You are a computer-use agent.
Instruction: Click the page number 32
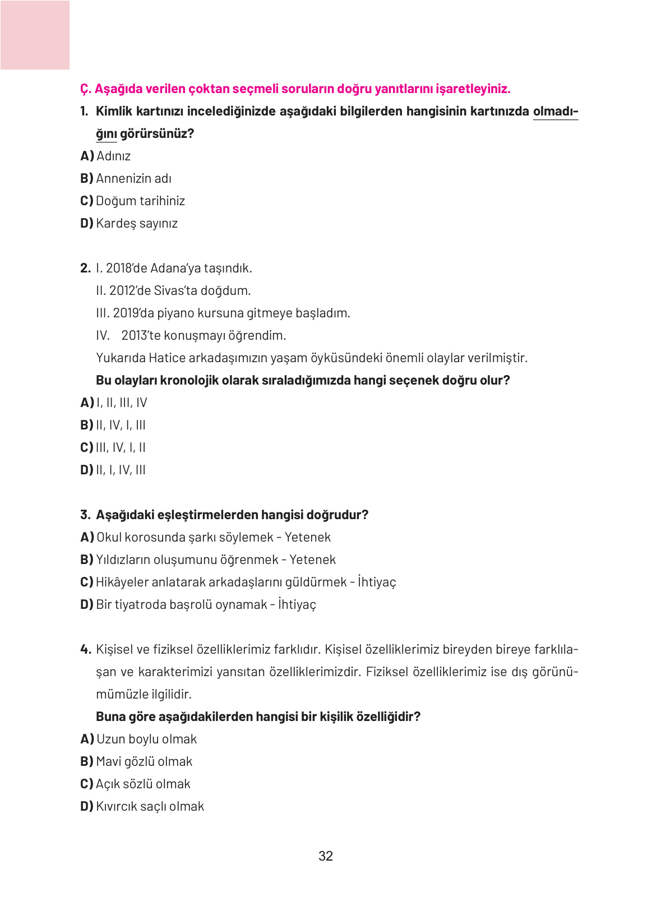[x=325, y=856]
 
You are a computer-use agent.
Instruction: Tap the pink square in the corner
[x=35, y=35]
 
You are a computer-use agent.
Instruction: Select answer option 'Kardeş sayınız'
[x=136, y=223]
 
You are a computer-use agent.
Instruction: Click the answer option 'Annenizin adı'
[x=133, y=178]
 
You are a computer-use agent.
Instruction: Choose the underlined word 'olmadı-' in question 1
[x=555, y=111]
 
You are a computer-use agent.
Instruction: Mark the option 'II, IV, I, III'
[x=121, y=425]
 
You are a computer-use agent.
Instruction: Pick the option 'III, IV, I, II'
[x=121, y=447]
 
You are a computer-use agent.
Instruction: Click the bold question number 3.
[x=85, y=515]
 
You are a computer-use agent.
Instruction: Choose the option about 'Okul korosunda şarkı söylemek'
[x=213, y=537]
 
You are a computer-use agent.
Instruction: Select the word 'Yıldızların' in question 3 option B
[x=123, y=560]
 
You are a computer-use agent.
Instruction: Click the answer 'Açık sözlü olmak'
[x=143, y=784]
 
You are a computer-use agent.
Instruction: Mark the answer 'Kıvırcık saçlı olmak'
[x=150, y=806]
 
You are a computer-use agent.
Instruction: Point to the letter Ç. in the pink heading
[x=85, y=89]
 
